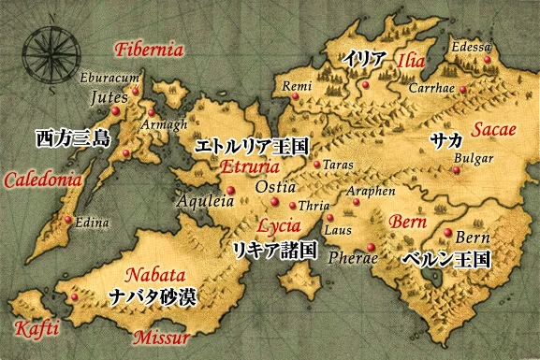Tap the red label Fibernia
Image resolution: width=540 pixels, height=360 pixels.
pyautogui.click(x=147, y=50)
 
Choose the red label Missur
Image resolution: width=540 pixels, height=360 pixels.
pyautogui.click(x=161, y=338)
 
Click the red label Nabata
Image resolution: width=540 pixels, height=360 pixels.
pyautogui.click(x=154, y=277)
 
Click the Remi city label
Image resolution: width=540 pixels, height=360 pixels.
pyautogui.click(x=296, y=85)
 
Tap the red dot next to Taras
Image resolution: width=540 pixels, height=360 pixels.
pyautogui.click(x=318, y=166)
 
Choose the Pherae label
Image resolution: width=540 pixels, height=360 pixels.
pyautogui.click(x=356, y=255)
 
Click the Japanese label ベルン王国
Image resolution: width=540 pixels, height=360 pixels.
pyautogui.click(x=445, y=258)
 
